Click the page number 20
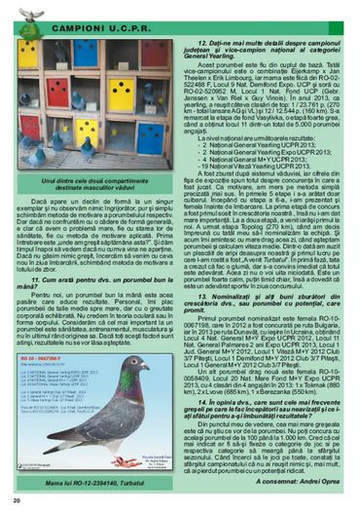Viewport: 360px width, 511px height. [18, 500]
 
